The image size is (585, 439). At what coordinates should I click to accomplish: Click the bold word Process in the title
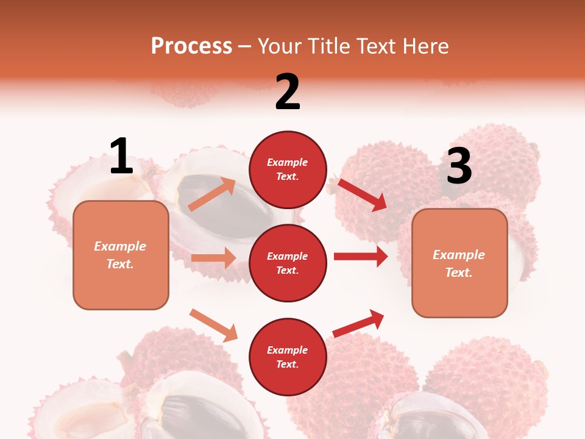pyautogui.click(x=191, y=46)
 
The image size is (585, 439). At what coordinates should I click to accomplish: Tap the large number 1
pyautogui.click(x=121, y=156)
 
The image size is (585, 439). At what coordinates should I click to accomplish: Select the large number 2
pyautogui.click(x=288, y=92)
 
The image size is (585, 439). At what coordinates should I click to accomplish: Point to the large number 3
pyautogui.click(x=459, y=166)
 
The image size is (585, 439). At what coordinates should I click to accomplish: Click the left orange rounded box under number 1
pyautogui.click(x=121, y=255)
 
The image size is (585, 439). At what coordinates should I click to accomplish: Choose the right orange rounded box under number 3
pyautogui.click(x=459, y=263)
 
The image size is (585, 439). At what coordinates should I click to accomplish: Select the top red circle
pyautogui.click(x=288, y=170)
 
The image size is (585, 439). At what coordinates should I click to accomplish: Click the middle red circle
pyautogui.click(x=288, y=263)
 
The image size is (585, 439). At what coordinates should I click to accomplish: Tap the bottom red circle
pyautogui.click(x=288, y=357)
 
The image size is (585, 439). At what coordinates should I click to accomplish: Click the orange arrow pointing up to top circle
pyautogui.click(x=212, y=195)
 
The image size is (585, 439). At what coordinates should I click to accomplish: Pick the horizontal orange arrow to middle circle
pyautogui.click(x=213, y=258)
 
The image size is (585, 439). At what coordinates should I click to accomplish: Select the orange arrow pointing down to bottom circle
pyautogui.click(x=213, y=325)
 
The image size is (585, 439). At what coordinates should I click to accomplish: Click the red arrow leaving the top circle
pyautogui.click(x=362, y=195)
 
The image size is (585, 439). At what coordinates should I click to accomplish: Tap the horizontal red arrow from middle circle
pyautogui.click(x=360, y=257)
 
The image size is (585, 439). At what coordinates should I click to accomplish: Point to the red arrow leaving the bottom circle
pyautogui.click(x=358, y=323)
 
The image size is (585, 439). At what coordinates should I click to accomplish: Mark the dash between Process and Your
pyautogui.click(x=244, y=46)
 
